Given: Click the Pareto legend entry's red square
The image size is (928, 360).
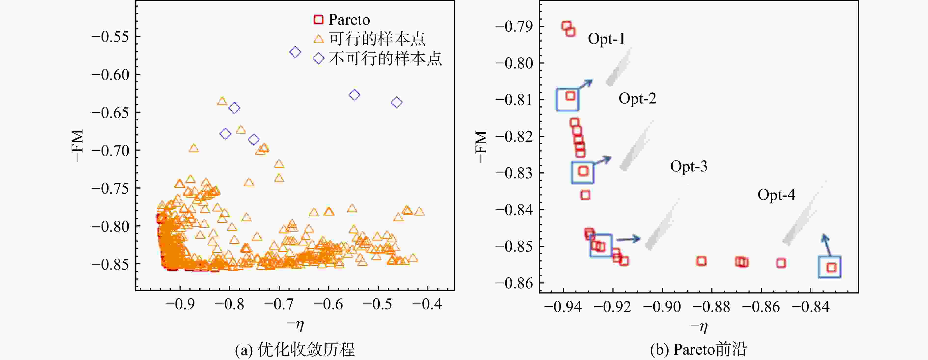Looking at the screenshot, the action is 318,19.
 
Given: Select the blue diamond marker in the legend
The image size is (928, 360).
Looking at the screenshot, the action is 318,58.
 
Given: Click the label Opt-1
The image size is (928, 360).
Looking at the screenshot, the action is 606,39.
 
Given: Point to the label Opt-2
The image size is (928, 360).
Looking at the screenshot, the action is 637,98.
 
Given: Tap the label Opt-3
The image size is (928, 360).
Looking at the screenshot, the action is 688,166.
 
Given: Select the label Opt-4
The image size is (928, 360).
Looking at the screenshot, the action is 776,195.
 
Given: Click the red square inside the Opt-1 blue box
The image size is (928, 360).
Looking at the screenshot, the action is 570,96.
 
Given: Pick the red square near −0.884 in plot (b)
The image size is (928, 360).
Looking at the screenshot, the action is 701,261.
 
